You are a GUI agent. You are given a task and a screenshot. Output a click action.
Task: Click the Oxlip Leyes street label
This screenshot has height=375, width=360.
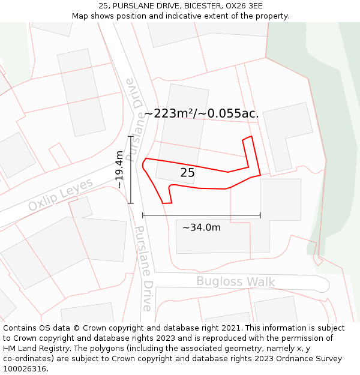coord(61,194)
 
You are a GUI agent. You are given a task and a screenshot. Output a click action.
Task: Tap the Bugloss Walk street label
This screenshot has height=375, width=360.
coord(235,281)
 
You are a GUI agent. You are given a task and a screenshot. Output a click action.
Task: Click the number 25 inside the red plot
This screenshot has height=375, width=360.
coord(187,173)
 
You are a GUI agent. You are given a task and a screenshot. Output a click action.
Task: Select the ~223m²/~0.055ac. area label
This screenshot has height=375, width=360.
coord(201,113)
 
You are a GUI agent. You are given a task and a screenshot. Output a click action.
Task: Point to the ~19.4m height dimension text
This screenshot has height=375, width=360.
coord(119,170)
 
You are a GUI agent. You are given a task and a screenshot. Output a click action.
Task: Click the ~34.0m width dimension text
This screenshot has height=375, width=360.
coord(201,227)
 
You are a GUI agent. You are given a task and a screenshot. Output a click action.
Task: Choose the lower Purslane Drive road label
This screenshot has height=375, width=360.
coord(144,268)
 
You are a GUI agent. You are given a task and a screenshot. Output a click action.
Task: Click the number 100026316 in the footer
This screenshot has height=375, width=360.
coord(25,368)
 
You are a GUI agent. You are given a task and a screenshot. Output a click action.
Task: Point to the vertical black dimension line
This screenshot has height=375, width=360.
coord(130,170)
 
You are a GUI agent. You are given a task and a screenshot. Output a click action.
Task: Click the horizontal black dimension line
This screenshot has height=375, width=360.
coord(201,215)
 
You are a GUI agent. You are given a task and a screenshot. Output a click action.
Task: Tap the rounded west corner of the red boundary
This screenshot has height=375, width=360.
coord(143,163)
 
